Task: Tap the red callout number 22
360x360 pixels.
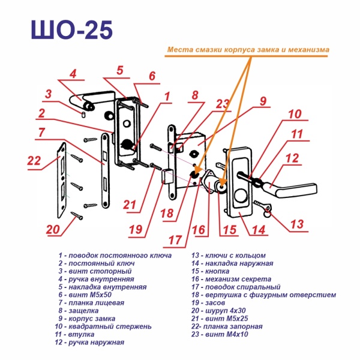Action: tap(35, 161)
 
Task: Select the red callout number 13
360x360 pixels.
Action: tap(298, 224)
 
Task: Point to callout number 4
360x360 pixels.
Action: tap(73, 74)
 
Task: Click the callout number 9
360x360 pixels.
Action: tap(263, 101)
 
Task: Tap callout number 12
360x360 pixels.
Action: tap(293, 159)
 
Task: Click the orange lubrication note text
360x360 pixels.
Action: tap(248, 50)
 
